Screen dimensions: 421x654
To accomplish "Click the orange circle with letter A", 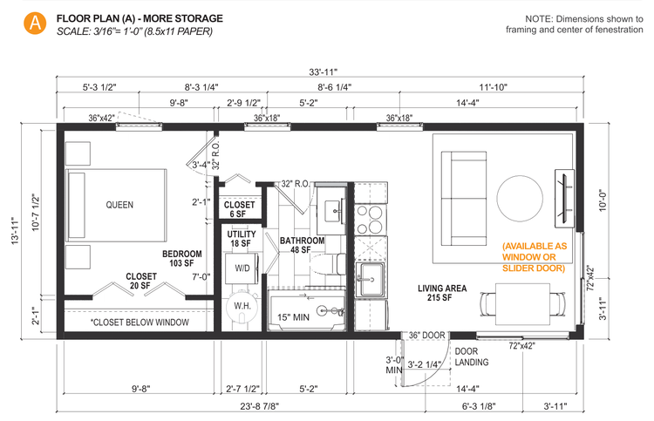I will click(34, 24).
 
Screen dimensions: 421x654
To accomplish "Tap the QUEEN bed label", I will click(119, 206).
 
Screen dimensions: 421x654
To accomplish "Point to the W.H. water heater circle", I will click(240, 306).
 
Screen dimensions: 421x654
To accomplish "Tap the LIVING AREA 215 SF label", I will click(443, 293).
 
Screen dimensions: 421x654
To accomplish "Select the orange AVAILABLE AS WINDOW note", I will click(534, 257).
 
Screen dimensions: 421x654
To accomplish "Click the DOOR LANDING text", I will click(472, 357).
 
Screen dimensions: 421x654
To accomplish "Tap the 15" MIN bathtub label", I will click(295, 316).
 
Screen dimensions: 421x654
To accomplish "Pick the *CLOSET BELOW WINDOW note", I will click(140, 323).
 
